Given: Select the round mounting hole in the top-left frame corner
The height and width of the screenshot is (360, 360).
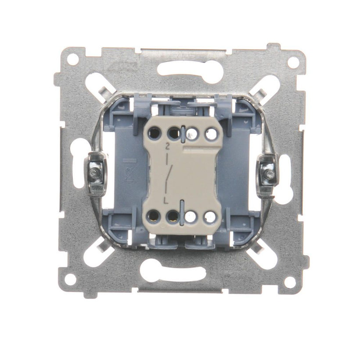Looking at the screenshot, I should coord(72,58).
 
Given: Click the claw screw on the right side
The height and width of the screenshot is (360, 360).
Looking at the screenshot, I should coord(269,175).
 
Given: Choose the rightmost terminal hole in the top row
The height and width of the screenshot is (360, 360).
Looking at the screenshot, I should coord(211,133).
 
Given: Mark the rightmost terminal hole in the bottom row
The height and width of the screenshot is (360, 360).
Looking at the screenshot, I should coord(210,216).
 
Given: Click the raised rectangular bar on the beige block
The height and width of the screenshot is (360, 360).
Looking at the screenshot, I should coord(202,151).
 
